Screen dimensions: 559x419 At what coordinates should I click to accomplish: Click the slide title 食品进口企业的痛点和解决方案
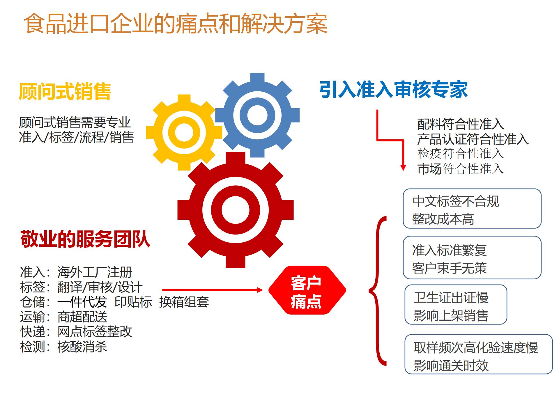(x=176, y=24)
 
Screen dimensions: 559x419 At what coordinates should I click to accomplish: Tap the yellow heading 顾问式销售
(x=65, y=91)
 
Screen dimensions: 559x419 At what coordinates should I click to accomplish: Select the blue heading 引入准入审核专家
(x=394, y=89)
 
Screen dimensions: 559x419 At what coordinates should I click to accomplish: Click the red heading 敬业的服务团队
(x=85, y=239)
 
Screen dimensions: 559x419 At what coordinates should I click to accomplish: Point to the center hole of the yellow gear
(x=184, y=132)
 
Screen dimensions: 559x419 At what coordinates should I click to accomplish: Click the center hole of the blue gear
(x=257, y=115)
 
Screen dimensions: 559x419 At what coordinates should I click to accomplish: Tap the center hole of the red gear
(x=236, y=210)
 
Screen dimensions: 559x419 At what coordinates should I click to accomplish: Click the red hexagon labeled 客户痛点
(x=307, y=290)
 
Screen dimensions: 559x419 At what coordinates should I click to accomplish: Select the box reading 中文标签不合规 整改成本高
(x=472, y=208)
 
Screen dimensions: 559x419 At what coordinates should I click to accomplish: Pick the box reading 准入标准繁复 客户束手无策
(x=472, y=258)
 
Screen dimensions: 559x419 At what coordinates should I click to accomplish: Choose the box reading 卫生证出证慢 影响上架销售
(x=456, y=304)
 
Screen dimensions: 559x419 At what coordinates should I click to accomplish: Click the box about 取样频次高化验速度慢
(x=478, y=354)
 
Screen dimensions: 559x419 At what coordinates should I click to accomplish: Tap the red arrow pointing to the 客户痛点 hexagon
(x=213, y=290)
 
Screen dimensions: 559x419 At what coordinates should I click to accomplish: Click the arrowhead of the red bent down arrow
(x=403, y=168)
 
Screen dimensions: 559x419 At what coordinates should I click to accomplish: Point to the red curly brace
(x=378, y=290)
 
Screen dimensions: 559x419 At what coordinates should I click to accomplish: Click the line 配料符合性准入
(x=460, y=124)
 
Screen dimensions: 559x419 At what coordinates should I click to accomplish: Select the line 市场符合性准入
(x=460, y=169)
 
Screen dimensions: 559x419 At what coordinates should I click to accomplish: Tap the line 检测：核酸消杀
(x=63, y=347)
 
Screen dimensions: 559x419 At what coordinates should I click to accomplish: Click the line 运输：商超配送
(x=63, y=317)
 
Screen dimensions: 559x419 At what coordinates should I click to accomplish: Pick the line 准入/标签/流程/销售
(x=76, y=137)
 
